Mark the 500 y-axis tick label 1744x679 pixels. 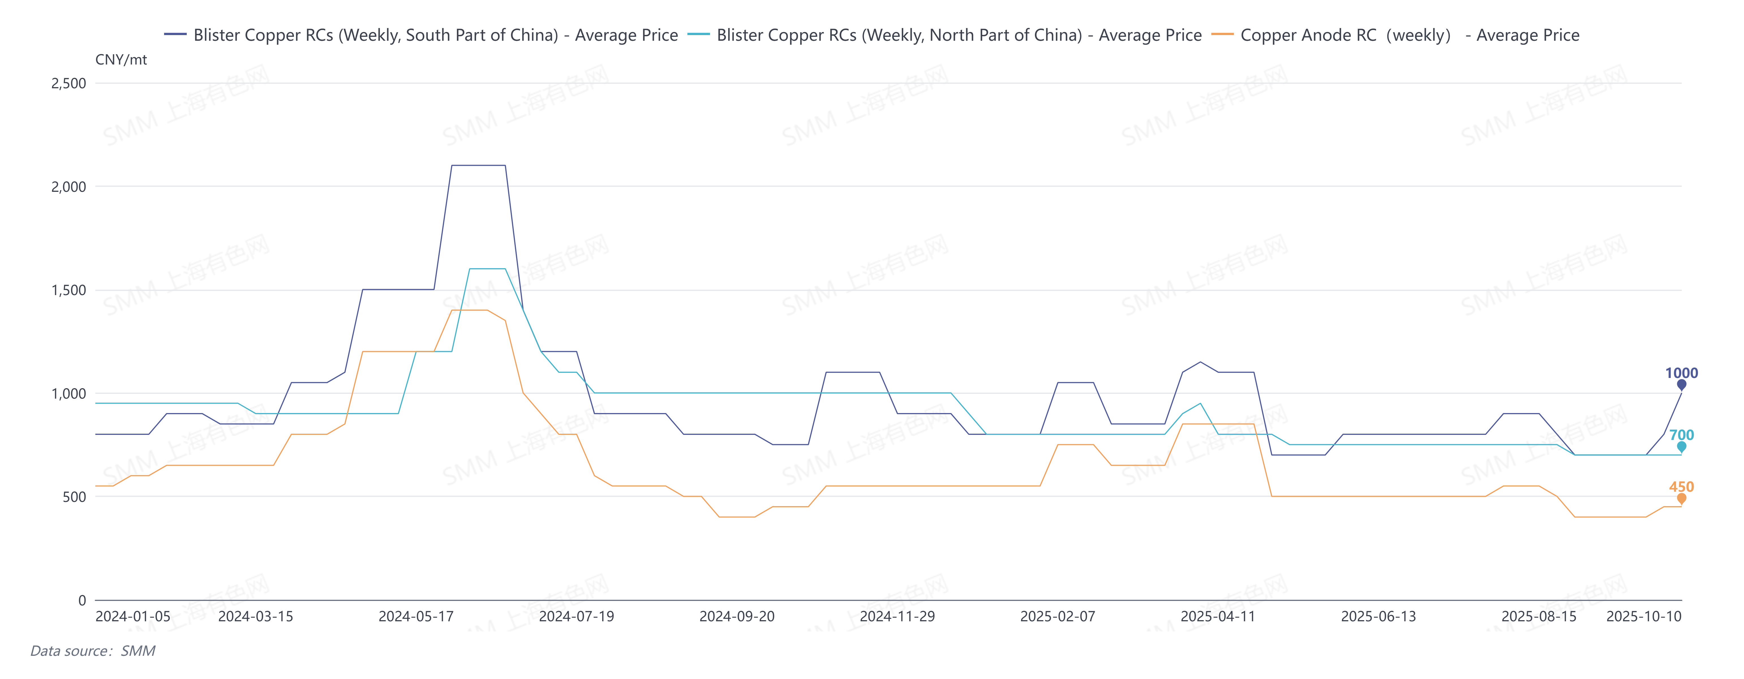(74, 497)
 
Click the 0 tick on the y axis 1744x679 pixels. (82, 600)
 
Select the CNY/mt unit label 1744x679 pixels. (121, 60)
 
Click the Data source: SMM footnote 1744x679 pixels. (93, 651)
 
